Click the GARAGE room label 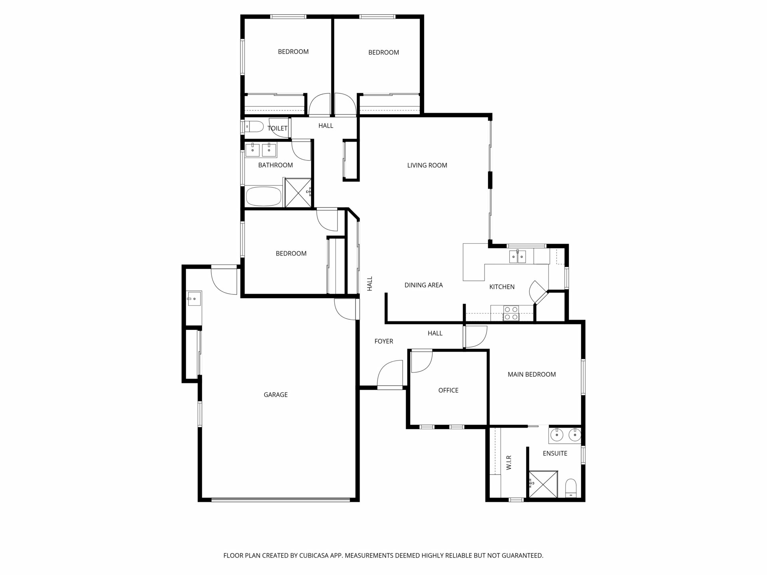[x=276, y=395]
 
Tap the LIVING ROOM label [x=427, y=165]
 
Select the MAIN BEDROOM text [x=532, y=375]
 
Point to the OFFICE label [x=448, y=391]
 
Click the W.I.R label [x=509, y=462]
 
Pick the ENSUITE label [x=555, y=454]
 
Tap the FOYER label [x=383, y=341]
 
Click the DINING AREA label [x=423, y=285]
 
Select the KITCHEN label [x=502, y=287]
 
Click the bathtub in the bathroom [x=264, y=196]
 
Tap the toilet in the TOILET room [x=254, y=127]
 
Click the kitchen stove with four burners [x=511, y=313]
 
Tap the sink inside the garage [x=194, y=298]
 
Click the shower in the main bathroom [x=298, y=192]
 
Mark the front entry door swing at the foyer [x=390, y=375]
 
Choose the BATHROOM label [x=275, y=165]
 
